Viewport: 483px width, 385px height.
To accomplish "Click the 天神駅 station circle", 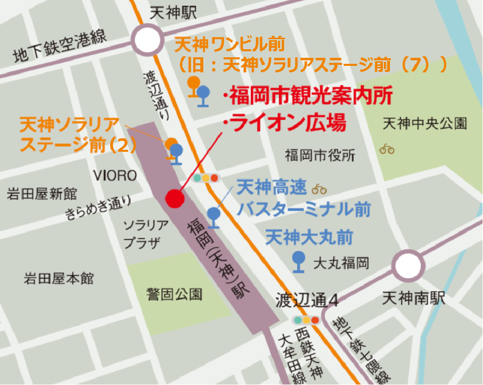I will [x=147, y=40].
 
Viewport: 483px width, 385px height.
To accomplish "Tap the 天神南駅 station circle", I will [x=408, y=266].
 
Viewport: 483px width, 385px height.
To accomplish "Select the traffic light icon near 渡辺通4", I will [x=306, y=320].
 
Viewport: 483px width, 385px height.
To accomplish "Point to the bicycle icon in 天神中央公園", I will [x=387, y=149].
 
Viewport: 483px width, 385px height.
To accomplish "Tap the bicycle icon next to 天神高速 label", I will [x=319, y=189].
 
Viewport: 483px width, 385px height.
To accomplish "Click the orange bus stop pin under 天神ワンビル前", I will [x=193, y=85].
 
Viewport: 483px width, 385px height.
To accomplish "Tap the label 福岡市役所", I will [x=319, y=155].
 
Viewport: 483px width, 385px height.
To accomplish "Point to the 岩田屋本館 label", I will [x=59, y=278].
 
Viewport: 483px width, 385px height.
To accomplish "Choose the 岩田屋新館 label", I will [x=42, y=194].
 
